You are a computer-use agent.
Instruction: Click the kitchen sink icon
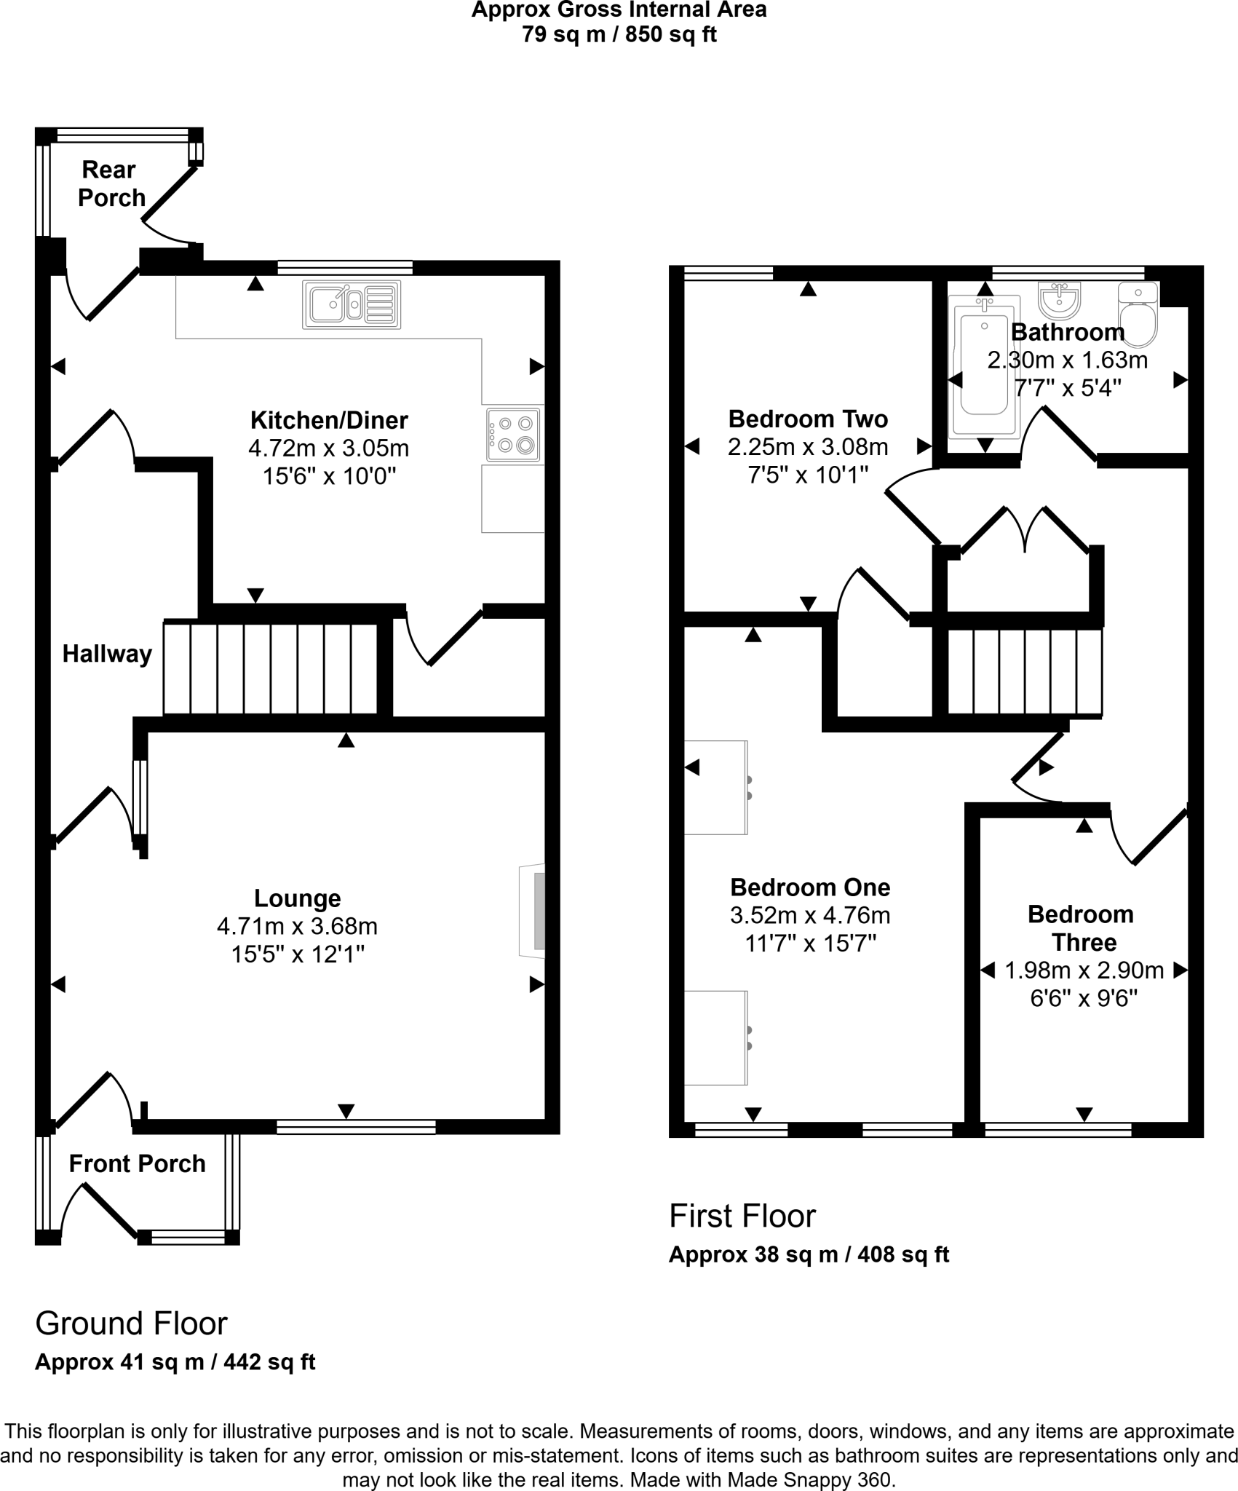(352, 304)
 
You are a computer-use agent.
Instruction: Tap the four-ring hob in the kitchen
(514, 435)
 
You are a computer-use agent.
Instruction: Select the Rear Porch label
(111, 183)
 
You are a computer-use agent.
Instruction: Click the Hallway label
(107, 654)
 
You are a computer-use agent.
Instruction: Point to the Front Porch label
(137, 1163)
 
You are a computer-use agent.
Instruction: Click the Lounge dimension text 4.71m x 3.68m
(297, 926)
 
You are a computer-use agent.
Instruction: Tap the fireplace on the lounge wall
(533, 911)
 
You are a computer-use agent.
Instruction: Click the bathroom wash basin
(1060, 299)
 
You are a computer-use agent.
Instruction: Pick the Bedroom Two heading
(808, 419)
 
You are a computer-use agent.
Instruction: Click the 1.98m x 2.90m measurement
(1084, 970)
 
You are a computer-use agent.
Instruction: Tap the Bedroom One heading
(810, 887)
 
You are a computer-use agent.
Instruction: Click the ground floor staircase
(271, 668)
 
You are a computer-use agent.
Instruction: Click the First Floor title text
(742, 1216)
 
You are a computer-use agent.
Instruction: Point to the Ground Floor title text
(131, 1324)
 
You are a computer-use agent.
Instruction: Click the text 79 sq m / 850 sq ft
(619, 35)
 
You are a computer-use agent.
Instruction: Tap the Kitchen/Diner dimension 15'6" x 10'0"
(329, 476)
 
